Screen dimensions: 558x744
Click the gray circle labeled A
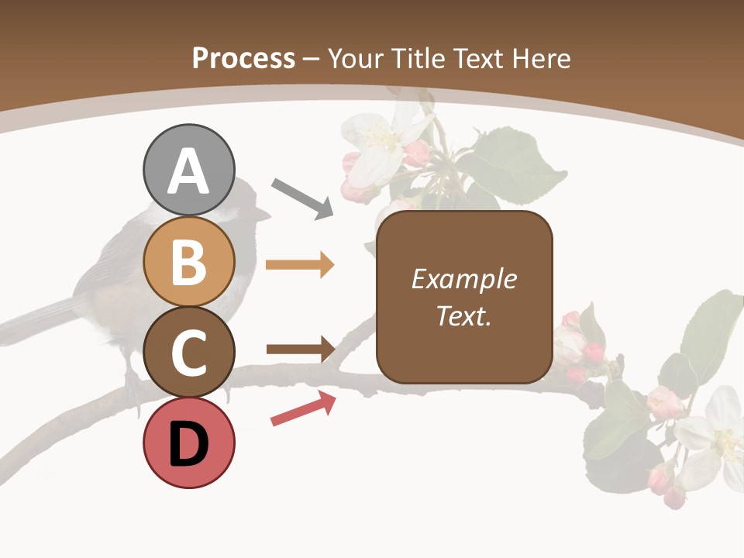pyautogui.click(x=188, y=170)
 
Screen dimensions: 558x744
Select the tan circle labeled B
pyautogui.click(x=188, y=261)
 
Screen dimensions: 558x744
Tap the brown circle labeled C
pyautogui.click(x=188, y=352)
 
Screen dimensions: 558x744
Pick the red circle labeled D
pyautogui.click(x=188, y=443)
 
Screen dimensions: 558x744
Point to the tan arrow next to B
pyautogui.click(x=300, y=265)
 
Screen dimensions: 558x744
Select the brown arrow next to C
pyautogui.click(x=300, y=349)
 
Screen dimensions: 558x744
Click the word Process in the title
pyautogui.click(x=243, y=58)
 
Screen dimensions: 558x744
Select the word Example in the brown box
pyautogui.click(x=463, y=279)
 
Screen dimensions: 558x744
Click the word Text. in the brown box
pyautogui.click(x=463, y=316)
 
